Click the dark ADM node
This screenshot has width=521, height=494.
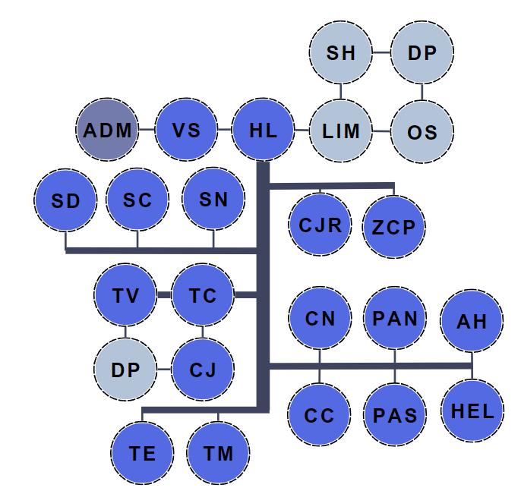click(x=107, y=131)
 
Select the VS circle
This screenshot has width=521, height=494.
click(x=186, y=131)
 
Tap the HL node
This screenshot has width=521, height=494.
click(x=263, y=131)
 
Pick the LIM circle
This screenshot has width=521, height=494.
click(x=341, y=131)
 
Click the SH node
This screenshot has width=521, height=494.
click(x=341, y=53)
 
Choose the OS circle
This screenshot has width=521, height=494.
click(x=422, y=132)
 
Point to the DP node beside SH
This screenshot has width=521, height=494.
click(x=422, y=53)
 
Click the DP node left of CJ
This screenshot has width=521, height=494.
click(x=126, y=370)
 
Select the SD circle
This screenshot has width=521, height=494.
click(x=65, y=201)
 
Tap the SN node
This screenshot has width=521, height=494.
click(x=213, y=200)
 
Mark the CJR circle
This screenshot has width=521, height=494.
click(x=320, y=225)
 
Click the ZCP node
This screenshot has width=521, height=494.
click(x=394, y=227)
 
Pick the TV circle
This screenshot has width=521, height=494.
click(x=126, y=295)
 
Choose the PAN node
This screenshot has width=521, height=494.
click(x=395, y=318)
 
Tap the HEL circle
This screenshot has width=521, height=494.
click(x=472, y=412)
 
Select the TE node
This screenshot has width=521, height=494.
click(x=142, y=454)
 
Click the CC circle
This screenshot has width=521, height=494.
click(x=319, y=415)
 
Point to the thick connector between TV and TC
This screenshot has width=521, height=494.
click(x=165, y=295)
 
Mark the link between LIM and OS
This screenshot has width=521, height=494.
click(x=382, y=131)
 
